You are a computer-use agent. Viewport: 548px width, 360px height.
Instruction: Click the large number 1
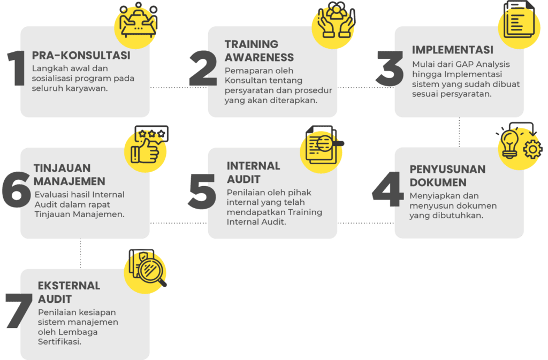pos(17,68)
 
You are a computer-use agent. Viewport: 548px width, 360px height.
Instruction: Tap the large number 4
pos(387,189)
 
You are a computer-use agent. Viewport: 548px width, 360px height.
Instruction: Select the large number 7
pos(19,310)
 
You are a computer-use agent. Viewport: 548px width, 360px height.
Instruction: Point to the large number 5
pos(202,192)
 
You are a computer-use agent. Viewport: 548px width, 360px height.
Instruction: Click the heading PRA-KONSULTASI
pos(81,56)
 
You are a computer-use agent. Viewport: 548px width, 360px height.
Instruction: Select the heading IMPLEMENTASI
pos(453,50)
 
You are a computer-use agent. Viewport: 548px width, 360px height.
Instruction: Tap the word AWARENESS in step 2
pos(260,57)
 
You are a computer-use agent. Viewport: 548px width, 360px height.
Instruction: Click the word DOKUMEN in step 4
pos(438,182)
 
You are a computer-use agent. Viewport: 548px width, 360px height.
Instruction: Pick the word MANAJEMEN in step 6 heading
pos(69,181)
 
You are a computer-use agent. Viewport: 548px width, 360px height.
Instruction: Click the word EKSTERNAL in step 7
pos(69,286)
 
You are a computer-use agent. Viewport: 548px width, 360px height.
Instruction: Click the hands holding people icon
pos(336,20)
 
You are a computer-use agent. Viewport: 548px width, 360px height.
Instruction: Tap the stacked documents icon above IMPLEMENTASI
pos(519,19)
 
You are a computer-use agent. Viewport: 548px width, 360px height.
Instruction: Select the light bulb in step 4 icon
pos(510,143)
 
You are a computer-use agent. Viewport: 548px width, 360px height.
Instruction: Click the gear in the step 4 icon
pos(532,149)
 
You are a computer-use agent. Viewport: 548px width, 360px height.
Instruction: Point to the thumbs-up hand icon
pos(144,151)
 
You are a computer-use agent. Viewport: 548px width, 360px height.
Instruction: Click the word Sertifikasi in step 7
pos(59,342)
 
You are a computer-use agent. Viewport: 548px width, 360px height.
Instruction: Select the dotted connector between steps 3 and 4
pos(459,132)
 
